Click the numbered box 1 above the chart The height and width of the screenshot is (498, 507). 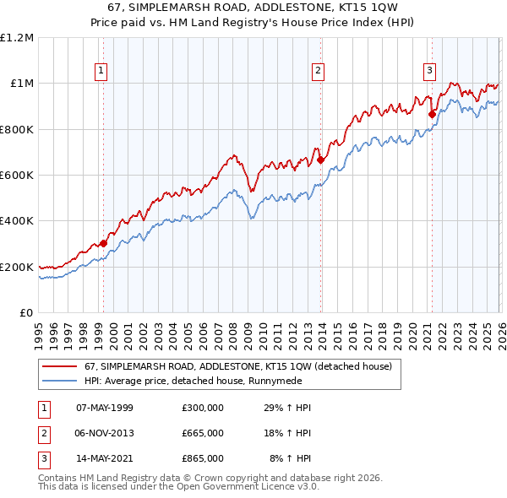pos(101,71)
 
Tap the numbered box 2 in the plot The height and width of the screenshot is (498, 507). pos(319,71)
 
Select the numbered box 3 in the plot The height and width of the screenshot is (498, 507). pos(429,71)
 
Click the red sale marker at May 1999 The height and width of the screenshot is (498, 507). pos(103,243)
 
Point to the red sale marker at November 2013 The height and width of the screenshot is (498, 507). pos(321,159)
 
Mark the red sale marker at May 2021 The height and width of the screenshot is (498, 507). pos(432,113)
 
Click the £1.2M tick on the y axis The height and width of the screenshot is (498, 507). pos(17,38)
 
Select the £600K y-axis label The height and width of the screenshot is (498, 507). pos(17,176)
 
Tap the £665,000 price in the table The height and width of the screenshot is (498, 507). pos(203,433)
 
